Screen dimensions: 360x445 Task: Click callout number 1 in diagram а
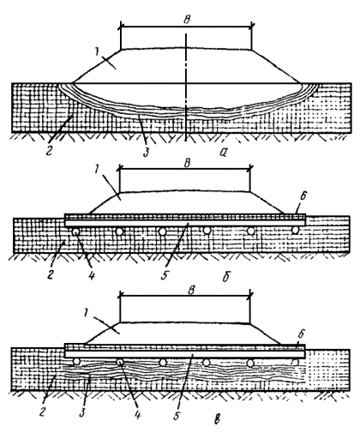tap(98, 52)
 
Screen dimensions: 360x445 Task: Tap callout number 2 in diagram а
tap(50, 150)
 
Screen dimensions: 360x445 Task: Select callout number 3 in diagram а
tap(146, 152)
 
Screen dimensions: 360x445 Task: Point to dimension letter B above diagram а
tap(187, 20)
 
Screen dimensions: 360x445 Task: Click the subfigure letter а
tap(223, 153)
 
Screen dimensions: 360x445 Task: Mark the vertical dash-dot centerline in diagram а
tap(186, 87)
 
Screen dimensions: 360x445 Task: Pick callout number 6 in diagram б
tap(303, 195)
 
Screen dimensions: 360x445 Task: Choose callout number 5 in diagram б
tap(165, 275)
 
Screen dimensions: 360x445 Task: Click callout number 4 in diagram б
tap(92, 275)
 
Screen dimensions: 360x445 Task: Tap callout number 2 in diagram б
tap(51, 275)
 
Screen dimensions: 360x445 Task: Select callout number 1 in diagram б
tap(96, 170)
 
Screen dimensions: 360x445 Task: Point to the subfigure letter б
tap(226, 276)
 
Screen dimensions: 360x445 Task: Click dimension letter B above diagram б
tap(187, 163)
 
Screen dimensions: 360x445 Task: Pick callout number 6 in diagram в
tap(302, 334)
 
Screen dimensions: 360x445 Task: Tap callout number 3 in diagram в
tap(82, 412)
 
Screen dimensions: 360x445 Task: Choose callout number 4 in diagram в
tap(138, 415)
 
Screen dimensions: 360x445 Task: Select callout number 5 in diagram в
tap(177, 415)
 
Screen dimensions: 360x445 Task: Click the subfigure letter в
tap(218, 418)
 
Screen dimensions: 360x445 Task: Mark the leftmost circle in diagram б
tap(75, 232)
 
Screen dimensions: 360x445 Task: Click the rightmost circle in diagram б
tap(295, 230)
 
